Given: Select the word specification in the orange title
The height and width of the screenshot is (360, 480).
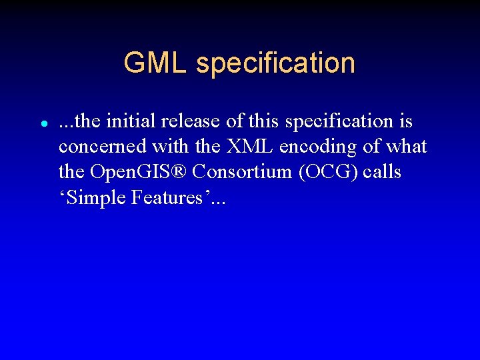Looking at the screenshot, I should coord(275,64).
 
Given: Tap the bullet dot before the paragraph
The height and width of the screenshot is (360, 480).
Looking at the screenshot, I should coord(43,124).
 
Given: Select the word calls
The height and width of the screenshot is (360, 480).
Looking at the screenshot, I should coord(383,172).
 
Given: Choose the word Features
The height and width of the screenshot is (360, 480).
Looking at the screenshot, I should coord(165,197).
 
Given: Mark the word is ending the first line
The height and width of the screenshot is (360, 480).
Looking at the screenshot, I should coord(405,121).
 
